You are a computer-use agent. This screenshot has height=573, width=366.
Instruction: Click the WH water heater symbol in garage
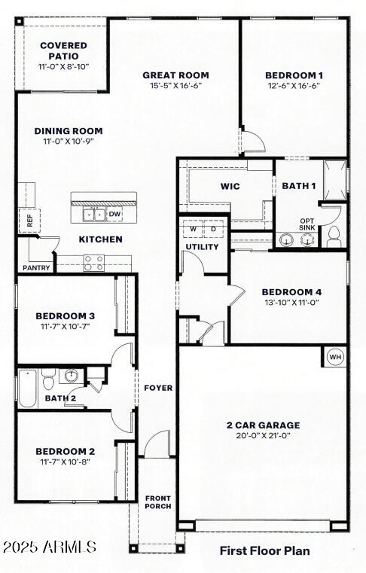335,357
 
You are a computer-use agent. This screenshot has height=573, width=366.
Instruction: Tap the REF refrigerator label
29,221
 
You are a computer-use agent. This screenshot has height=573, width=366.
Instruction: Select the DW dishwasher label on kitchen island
114,215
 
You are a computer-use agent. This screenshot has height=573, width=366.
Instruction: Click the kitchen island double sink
94,215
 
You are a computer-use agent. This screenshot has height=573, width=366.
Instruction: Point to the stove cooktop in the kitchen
93,263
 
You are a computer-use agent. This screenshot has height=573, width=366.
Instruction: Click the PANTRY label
35,267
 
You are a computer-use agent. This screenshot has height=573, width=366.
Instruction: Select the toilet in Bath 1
334,236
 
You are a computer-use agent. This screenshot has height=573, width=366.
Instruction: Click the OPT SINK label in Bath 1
307,224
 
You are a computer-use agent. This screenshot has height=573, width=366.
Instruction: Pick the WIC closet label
230,186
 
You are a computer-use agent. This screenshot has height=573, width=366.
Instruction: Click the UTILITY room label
203,247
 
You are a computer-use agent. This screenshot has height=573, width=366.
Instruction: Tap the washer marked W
193,229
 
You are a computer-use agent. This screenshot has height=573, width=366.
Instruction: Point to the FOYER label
158,388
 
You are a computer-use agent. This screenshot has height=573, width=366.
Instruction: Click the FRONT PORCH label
158,501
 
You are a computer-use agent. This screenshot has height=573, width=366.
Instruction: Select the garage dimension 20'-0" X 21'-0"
263,436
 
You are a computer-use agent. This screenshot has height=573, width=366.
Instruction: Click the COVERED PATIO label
63,50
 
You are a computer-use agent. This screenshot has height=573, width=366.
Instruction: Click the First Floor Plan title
264,551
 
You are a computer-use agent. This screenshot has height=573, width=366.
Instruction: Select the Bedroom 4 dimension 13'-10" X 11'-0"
291,303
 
